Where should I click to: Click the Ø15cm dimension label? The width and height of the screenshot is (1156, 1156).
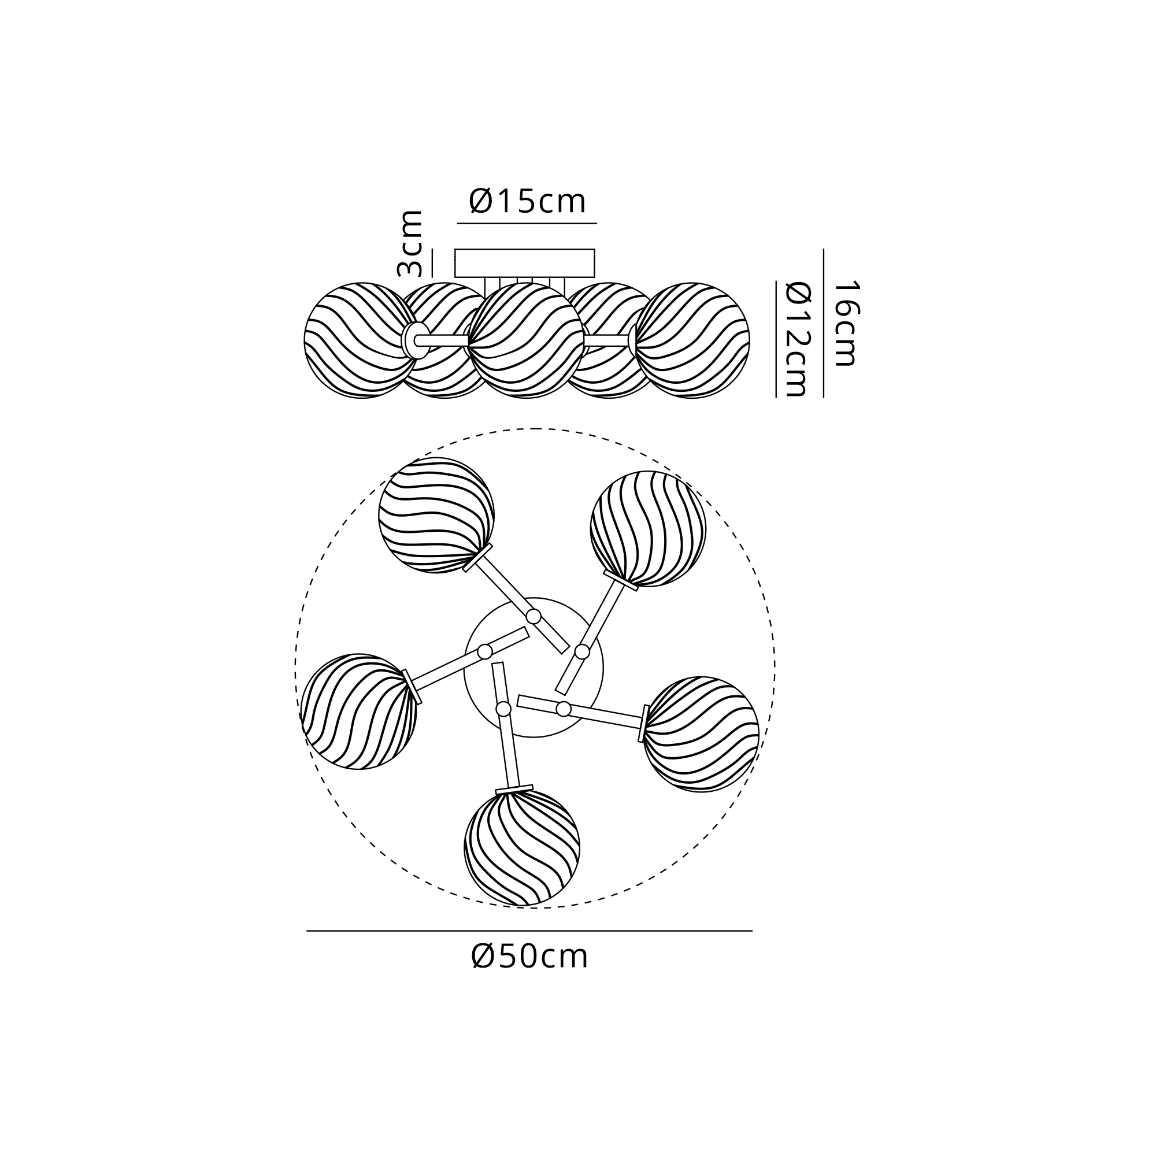click(527, 202)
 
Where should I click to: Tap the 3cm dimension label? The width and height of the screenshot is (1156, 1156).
click(410, 243)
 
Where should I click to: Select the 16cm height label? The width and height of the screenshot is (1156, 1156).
click(846, 323)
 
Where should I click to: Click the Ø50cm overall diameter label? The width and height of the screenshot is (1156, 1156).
click(529, 957)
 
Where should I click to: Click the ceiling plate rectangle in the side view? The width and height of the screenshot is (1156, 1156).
click(525, 263)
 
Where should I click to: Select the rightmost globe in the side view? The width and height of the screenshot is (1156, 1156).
click(692, 340)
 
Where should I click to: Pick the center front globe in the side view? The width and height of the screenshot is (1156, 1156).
click(526, 340)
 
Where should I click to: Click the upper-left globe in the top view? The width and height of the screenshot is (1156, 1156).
click(437, 516)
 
